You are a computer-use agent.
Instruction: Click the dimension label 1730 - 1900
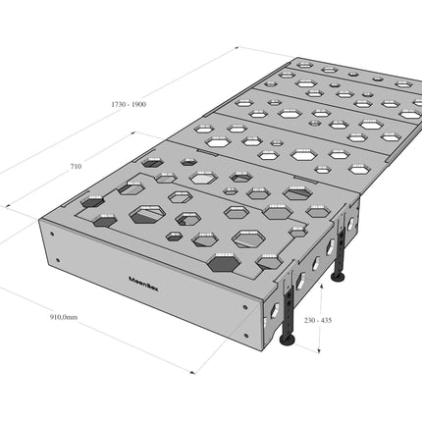[129, 105]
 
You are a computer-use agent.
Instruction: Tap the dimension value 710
[76, 167]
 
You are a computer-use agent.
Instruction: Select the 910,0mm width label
[64, 317]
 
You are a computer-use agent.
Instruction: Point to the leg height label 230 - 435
[318, 320]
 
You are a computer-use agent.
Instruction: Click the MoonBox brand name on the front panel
[143, 284]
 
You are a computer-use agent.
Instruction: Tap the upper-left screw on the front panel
[52, 234]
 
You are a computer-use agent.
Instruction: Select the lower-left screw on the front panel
[58, 260]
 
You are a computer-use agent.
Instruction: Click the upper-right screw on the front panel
[245, 307]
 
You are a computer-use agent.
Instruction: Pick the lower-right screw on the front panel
[246, 335]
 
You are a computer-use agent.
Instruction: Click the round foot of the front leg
[288, 341]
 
